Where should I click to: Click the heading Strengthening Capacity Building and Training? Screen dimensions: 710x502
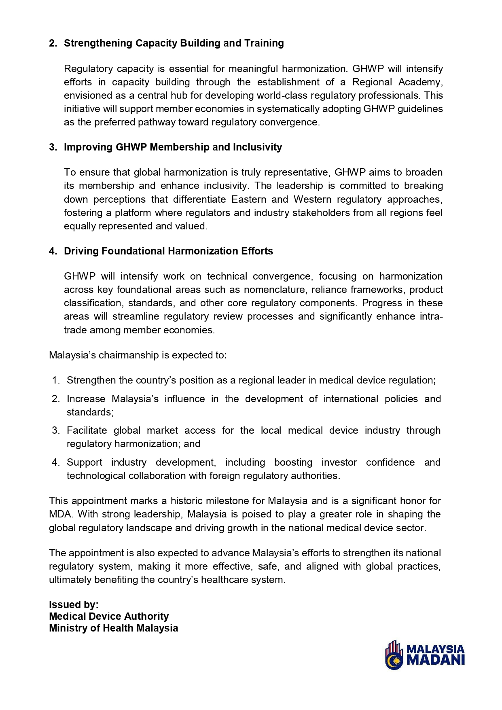[174, 43]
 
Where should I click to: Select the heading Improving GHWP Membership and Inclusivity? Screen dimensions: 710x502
[173, 147]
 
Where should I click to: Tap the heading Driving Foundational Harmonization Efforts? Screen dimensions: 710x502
[168, 251]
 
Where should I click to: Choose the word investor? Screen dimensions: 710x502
[339, 462]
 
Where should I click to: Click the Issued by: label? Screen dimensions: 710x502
[74, 605]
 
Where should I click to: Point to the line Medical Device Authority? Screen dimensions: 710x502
[109, 617]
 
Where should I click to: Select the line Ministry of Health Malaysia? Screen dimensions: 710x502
[113, 628]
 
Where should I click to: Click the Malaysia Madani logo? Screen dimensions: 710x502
[425, 655]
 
